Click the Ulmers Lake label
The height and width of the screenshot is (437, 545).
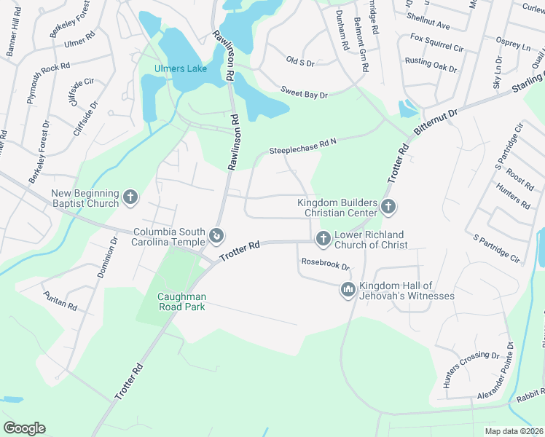pyautogui.click(x=180, y=69)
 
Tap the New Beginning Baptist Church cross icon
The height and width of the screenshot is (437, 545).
pyautogui.click(x=130, y=197)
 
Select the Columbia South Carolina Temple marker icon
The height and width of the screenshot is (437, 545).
pyautogui.click(x=216, y=235)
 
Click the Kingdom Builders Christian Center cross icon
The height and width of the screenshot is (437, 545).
pyautogui.click(x=388, y=207)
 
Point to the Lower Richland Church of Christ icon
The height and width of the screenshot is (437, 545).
pyautogui.click(x=323, y=238)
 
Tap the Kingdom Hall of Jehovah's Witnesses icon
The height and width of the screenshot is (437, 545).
pyautogui.click(x=348, y=290)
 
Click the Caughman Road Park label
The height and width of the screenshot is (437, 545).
pyautogui.click(x=182, y=302)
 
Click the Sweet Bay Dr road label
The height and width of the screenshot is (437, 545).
pyautogui.click(x=305, y=92)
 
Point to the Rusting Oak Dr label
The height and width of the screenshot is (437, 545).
pyautogui.click(x=431, y=66)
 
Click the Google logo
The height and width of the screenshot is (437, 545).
pyautogui.click(x=24, y=428)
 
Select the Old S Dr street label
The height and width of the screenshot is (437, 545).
pyautogui.click(x=299, y=63)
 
